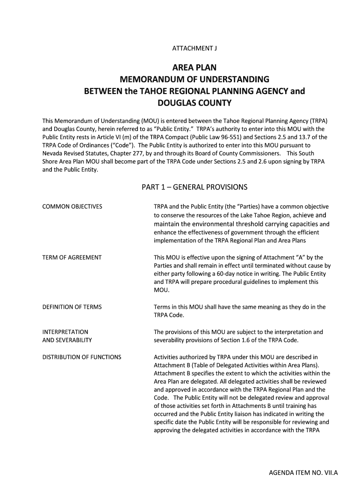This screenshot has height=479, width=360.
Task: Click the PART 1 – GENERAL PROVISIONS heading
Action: coord(194,188)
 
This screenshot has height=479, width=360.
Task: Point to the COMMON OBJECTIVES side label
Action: coord(72,206)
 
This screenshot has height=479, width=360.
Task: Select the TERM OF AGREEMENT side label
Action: coord(72,257)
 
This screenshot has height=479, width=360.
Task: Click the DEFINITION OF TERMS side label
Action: coord(72,307)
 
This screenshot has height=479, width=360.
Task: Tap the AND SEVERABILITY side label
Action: coord(67,340)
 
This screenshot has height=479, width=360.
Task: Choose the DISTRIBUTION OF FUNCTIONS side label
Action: coord(82,357)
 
